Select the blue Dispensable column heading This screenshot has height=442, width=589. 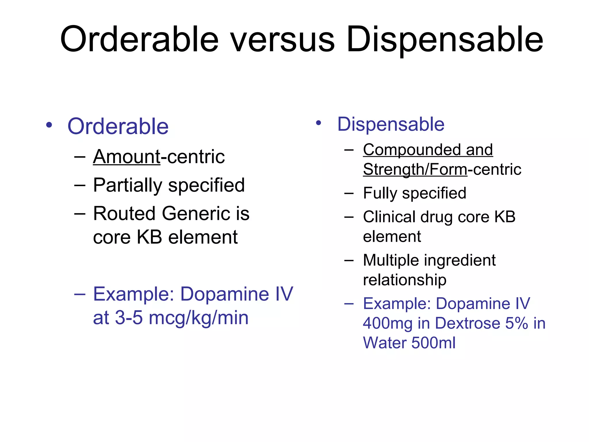click(391, 124)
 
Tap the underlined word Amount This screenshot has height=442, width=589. click(127, 157)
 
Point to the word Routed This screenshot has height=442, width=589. click(124, 214)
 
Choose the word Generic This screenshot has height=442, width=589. click(196, 214)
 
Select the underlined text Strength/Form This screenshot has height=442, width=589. click(415, 169)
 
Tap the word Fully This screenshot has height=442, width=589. click(380, 193)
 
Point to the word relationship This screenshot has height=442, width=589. click(405, 280)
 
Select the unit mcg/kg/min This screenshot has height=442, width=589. click(199, 318)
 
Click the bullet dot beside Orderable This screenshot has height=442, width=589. click(49, 125)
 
